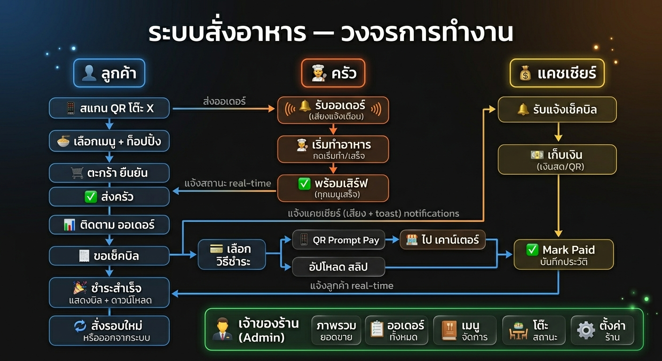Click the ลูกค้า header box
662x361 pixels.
[x=109, y=74]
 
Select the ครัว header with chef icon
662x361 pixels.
[x=333, y=74]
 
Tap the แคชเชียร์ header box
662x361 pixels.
[x=557, y=74]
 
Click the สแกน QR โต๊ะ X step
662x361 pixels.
[x=109, y=108]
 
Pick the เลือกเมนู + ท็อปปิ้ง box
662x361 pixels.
[x=109, y=141]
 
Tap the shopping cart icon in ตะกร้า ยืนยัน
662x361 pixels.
[x=78, y=173]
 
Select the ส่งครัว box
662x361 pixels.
[x=109, y=196]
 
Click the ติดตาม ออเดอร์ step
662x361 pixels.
[x=109, y=225]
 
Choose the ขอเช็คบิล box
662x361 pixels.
[x=109, y=256]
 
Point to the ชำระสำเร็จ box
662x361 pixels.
[x=109, y=292]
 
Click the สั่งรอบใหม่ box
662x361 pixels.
[x=109, y=330]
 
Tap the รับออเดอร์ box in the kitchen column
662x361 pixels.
[x=333, y=110]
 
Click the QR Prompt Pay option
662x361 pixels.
[x=339, y=240]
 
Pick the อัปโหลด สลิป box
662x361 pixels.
[x=339, y=267]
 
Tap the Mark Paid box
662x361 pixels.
[x=563, y=254]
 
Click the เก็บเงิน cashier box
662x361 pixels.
[x=557, y=159]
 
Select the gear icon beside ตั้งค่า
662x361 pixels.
[x=586, y=330]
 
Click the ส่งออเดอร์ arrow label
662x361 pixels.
[x=224, y=101]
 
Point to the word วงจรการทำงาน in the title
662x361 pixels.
[x=427, y=34]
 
